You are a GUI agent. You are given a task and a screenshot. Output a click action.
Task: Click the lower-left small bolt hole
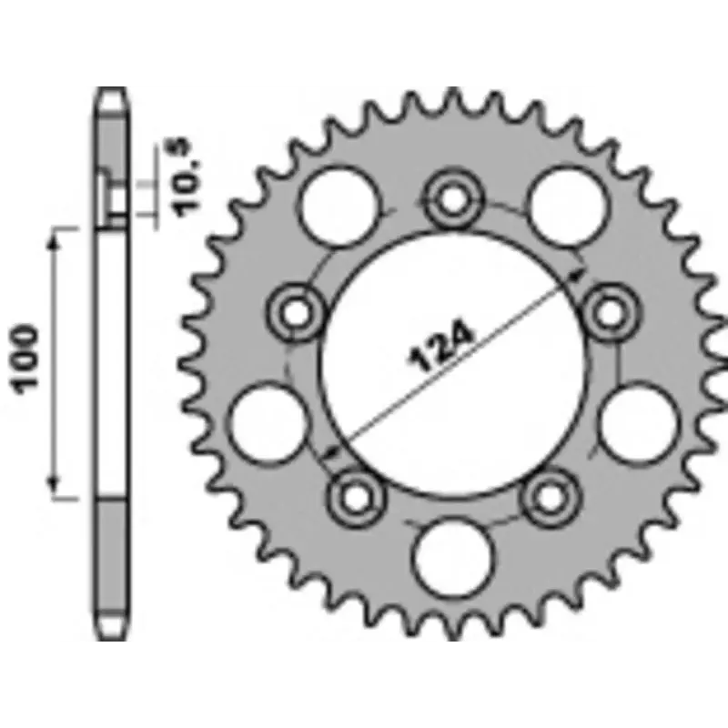click(353, 494)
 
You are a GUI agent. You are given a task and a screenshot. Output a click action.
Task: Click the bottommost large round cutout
click(452, 554)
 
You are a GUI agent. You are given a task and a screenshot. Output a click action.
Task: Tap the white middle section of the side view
click(113, 364)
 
